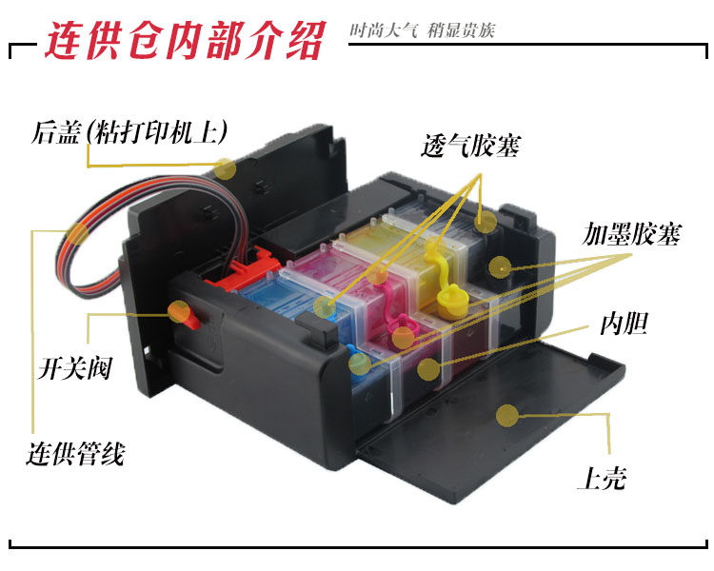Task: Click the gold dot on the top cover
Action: tap(507, 415)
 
